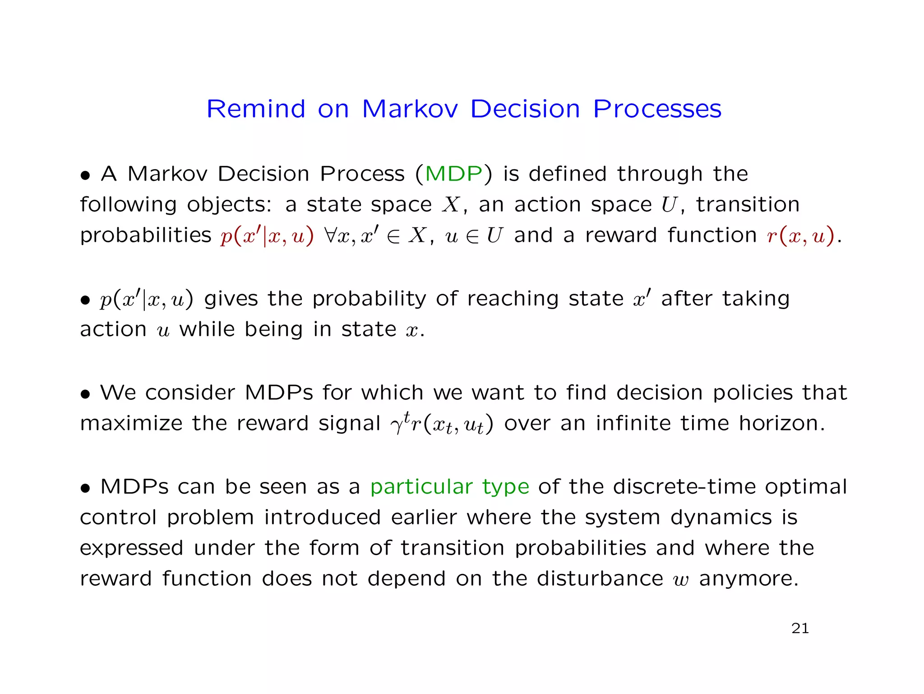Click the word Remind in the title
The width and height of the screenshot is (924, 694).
256,109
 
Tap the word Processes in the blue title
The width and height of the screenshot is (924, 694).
657,109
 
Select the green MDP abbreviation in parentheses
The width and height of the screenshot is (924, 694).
453,174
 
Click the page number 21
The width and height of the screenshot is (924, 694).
800,628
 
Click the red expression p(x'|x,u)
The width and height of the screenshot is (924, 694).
267,236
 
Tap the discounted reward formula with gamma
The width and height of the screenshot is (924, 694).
442,424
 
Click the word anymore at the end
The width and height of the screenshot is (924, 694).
748,579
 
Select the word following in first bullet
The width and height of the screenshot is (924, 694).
128,205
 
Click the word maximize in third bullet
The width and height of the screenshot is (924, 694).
131,423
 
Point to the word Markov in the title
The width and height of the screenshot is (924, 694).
410,109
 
